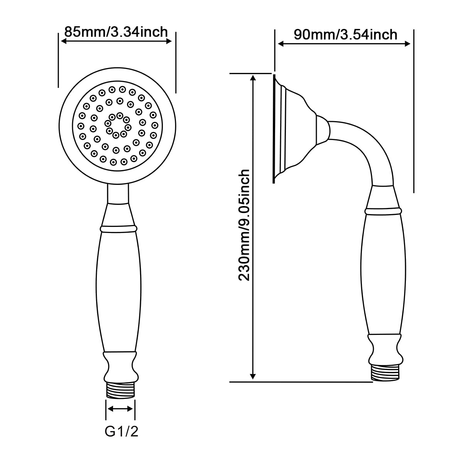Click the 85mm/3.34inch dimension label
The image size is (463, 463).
pyautogui.click(x=116, y=32)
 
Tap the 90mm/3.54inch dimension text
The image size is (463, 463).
pyautogui.click(x=345, y=34)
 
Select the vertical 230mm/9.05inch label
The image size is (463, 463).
pyautogui.click(x=244, y=225)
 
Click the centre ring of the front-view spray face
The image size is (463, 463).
pyautogui.click(x=118, y=126)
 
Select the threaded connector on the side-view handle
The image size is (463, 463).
pyautogui.click(x=385, y=373)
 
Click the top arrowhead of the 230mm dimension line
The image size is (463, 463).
pyautogui.click(x=253, y=78)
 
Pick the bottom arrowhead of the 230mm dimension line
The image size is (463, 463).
pyautogui.click(x=253, y=376)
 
